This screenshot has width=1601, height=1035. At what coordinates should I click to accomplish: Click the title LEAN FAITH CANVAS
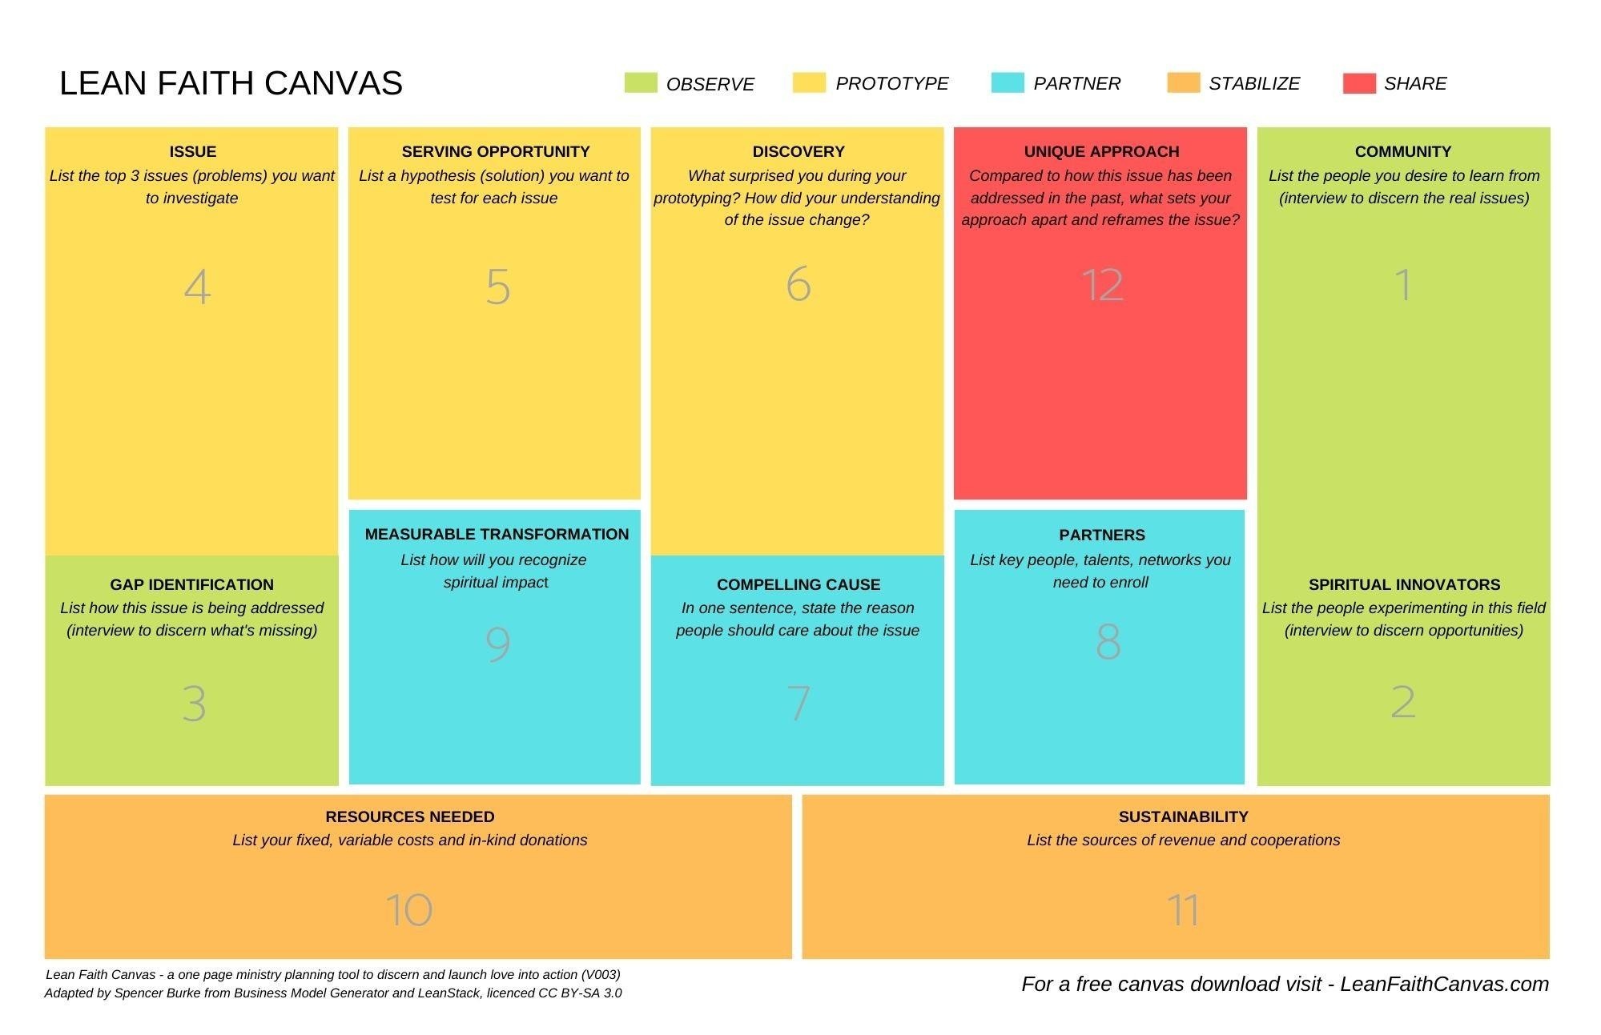(231, 83)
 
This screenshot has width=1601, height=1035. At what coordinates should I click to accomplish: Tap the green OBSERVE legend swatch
(640, 83)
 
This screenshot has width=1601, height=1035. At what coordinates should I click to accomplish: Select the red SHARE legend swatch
(1358, 83)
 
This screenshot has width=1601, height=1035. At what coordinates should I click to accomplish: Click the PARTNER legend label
(1076, 83)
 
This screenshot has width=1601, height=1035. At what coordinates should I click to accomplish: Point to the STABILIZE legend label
(1253, 83)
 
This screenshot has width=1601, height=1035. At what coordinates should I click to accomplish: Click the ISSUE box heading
(192, 151)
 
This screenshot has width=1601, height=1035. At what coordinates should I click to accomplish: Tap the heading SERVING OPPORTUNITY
(495, 151)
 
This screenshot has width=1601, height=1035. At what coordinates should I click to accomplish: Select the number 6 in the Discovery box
(798, 284)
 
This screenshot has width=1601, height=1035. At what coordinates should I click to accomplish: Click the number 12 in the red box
(1102, 285)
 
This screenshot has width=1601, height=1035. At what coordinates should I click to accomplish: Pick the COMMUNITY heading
(1402, 151)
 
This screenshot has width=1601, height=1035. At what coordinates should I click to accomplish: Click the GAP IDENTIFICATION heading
(191, 584)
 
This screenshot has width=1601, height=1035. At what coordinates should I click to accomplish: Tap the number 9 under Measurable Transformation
(497, 644)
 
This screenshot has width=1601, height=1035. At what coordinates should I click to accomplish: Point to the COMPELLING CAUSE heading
(798, 584)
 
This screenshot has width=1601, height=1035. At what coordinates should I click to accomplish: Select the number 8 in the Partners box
(1107, 642)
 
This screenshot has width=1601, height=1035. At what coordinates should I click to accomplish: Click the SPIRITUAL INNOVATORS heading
(1404, 584)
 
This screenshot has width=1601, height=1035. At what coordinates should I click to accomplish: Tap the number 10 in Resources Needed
(409, 910)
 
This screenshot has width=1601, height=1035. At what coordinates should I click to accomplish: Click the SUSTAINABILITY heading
(1183, 816)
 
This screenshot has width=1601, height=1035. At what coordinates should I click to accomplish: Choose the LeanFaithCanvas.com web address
(1444, 984)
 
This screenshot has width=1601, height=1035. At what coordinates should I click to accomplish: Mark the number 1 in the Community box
(1402, 285)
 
